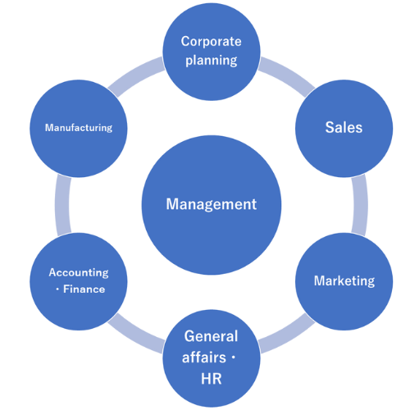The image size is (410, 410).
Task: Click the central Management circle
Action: (x=212, y=205)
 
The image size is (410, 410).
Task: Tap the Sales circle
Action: (x=344, y=129)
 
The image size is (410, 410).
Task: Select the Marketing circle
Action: (x=344, y=281)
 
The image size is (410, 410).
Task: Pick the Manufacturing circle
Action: (x=79, y=129)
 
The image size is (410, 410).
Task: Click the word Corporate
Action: (x=211, y=42)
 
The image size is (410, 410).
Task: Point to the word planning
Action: (x=212, y=61)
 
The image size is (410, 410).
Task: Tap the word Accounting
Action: (x=79, y=273)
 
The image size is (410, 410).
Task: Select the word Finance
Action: (x=84, y=289)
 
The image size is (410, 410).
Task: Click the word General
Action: (x=211, y=336)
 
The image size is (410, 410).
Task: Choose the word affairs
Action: (x=204, y=358)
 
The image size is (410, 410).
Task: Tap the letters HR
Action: (x=212, y=379)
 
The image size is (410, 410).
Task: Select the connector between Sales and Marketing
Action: (x=360, y=205)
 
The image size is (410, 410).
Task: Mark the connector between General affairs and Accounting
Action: (x=135, y=335)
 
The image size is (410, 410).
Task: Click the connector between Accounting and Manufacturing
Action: (x=62, y=205)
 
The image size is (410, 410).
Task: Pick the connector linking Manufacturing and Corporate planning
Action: (x=135, y=75)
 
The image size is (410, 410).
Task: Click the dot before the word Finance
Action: (x=57, y=289)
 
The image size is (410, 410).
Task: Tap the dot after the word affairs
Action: (x=233, y=358)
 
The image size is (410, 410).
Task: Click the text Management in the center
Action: (x=212, y=204)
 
